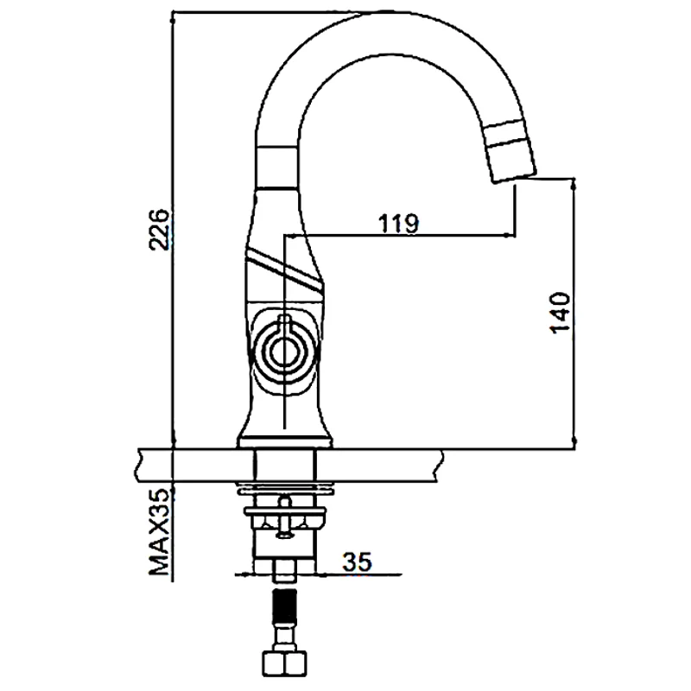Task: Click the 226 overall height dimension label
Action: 159,229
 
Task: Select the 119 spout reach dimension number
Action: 398,223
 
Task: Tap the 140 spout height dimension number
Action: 559,312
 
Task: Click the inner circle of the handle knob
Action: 283,350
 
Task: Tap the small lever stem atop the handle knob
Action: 283,326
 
